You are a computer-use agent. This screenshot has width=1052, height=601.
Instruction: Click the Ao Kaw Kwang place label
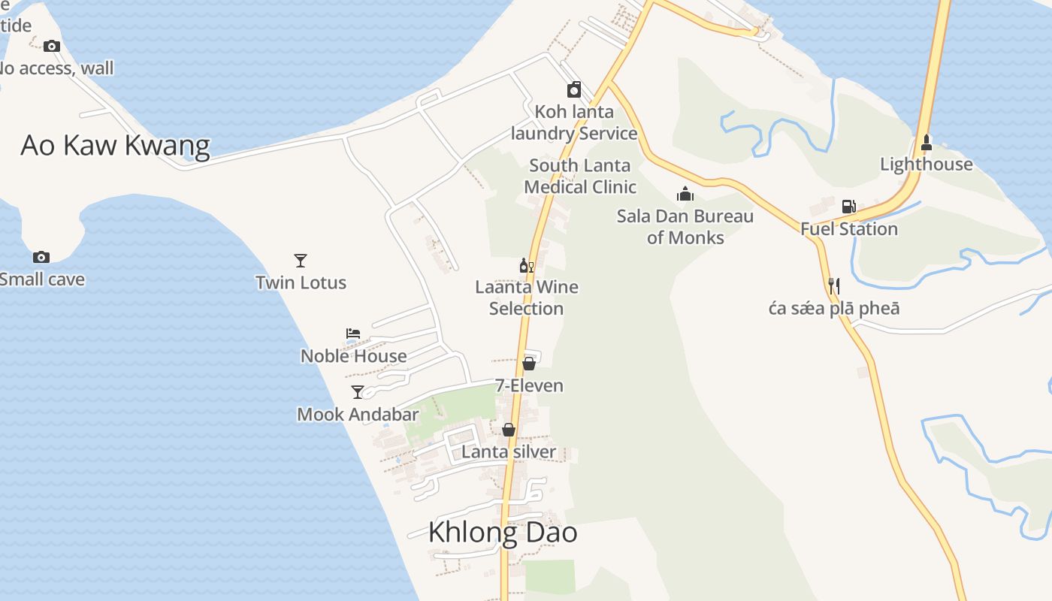click(x=115, y=145)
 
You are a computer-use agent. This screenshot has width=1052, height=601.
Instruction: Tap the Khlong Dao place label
click(x=503, y=532)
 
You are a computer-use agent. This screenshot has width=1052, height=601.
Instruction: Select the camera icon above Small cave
click(x=41, y=257)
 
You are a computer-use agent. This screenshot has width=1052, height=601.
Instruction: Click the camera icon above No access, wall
click(x=52, y=46)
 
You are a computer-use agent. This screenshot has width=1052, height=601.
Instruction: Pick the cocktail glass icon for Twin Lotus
click(x=301, y=261)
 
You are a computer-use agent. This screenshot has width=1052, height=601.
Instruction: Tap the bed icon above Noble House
click(x=353, y=333)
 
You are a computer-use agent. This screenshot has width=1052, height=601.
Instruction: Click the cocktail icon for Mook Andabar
click(x=358, y=391)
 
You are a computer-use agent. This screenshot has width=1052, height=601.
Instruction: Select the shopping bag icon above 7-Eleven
click(x=529, y=364)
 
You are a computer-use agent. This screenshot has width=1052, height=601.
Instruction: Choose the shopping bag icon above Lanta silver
click(x=509, y=430)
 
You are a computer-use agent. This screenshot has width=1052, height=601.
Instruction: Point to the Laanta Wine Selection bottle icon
click(x=527, y=265)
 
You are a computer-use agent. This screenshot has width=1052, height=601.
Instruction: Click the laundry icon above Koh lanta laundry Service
click(x=574, y=90)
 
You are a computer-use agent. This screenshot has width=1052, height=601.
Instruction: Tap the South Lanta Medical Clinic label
click(x=580, y=176)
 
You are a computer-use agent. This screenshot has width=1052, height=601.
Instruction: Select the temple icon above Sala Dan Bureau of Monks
click(x=685, y=195)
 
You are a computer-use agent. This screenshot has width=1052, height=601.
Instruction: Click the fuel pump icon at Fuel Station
click(x=848, y=207)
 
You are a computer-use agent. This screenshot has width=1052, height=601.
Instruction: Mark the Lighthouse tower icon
click(x=927, y=142)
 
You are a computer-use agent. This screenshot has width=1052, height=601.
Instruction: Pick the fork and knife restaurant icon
click(x=833, y=286)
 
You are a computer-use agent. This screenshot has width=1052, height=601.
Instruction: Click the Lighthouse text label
click(x=927, y=164)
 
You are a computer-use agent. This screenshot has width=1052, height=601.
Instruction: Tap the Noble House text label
click(x=354, y=355)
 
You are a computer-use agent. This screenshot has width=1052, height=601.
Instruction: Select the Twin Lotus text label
click(x=301, y=282)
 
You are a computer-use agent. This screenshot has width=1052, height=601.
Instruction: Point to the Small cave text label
click(x=41, y=279)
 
